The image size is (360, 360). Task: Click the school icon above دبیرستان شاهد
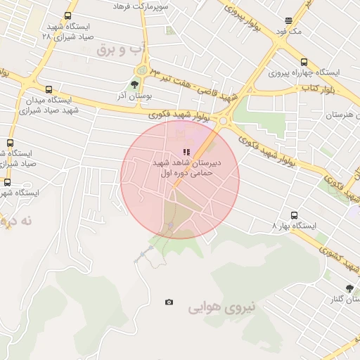click(x=186, y=151)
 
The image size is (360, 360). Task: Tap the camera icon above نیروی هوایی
click(x=169, y=302)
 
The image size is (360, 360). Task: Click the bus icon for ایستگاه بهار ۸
click(x=294, y=215)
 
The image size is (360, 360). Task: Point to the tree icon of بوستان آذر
click(x=134, y=84)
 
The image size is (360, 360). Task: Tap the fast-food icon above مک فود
click(x=289, y=21)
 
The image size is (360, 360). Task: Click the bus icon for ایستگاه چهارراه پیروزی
click(x=303, y=62)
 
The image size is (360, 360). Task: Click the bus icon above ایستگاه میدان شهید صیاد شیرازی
click(x=49, y=89)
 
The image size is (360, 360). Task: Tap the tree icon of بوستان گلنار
click(x=349, y=288)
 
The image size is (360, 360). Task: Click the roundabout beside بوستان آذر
click(x=143, y=70)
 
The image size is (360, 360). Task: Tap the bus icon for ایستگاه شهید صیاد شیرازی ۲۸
click(x=67, y=15)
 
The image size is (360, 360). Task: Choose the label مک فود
click(x=288, y=32)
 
